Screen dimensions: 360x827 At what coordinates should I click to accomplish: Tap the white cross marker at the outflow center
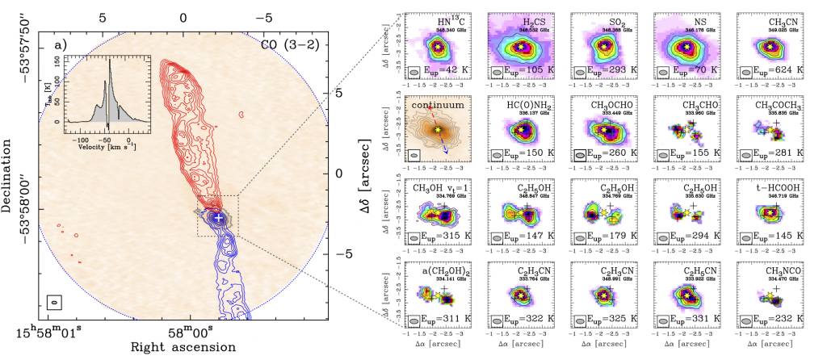click(x=218, y=216)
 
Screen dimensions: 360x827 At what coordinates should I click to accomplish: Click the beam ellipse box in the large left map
click(x=55, y=302)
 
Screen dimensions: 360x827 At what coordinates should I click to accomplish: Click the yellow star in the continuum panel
click(x=438, y=129)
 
